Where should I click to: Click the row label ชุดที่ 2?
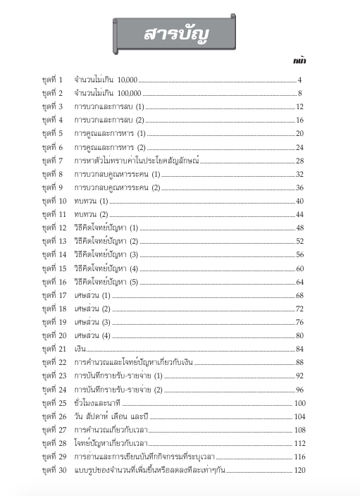point(52,93)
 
